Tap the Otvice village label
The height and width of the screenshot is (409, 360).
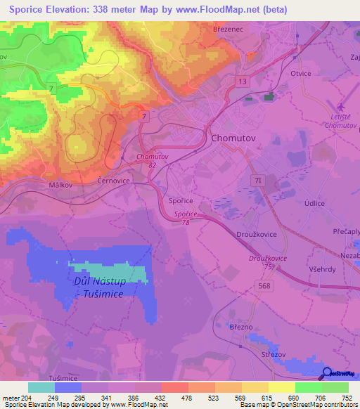(300, 74)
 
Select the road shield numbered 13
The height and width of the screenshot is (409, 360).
(242, 82)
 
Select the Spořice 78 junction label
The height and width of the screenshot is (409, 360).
(186, 216)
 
